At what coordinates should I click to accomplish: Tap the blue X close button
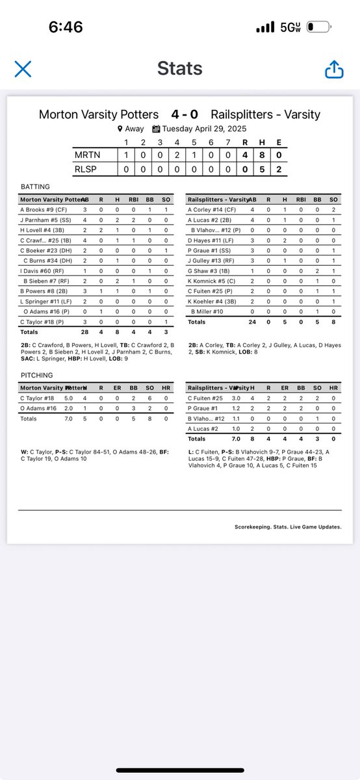coord(23,69)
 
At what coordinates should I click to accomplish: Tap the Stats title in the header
coord(179,69)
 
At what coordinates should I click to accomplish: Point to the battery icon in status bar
coord(320,28)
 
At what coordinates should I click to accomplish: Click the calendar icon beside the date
coord(156,129)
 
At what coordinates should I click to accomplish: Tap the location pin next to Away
coord(120,129)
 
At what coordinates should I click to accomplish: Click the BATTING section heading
coord(35,187)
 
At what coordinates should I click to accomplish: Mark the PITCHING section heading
coord(36,376)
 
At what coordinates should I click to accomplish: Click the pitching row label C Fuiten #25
coord(206,398)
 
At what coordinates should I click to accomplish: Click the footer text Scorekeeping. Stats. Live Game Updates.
coord(288,527)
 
